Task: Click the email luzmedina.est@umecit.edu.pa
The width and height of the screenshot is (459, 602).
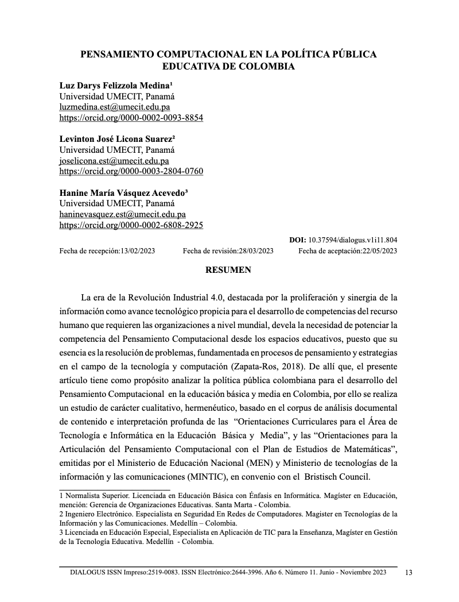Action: (115, 107)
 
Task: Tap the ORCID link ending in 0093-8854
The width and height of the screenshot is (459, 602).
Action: (131, 118)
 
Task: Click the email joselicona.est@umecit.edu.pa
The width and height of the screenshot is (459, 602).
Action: (114, 161)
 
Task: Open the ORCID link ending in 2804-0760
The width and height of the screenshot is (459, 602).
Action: (131, 171)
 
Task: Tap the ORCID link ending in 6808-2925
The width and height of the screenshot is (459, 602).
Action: (131, 225)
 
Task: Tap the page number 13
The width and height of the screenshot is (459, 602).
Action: (409, 573)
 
